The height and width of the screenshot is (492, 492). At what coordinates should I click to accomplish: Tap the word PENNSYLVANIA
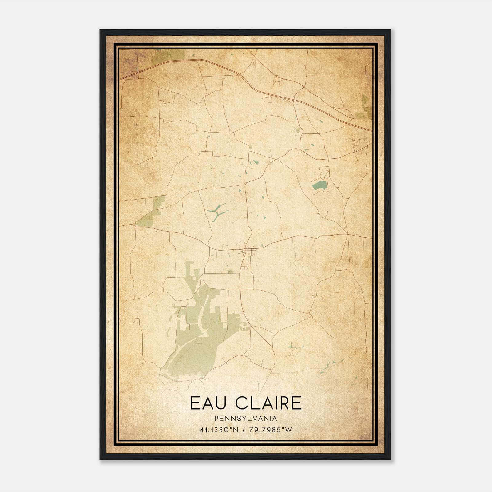[x=246, y=419]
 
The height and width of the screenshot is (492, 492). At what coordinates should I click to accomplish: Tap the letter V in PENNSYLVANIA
[x=255, y=419]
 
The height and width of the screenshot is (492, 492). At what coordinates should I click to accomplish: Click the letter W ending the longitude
[x=288, y=430]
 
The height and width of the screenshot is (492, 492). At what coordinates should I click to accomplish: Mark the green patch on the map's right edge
[x=365, y=108]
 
